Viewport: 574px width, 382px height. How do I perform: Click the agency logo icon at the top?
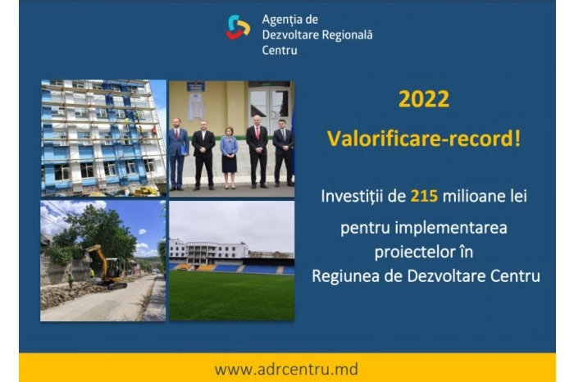(x=238, y=29)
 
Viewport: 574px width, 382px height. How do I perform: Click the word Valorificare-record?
(x=423, y=137)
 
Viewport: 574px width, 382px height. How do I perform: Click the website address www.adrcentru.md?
(x=286, y=369)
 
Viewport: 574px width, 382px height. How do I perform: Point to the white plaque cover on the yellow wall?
(x=195, y=106)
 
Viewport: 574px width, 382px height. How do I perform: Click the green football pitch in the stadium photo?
(x=231, y=295)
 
